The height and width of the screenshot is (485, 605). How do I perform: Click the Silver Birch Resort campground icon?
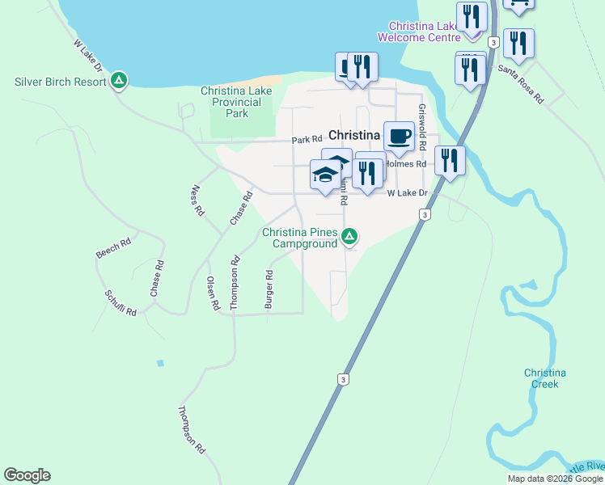coord(119,80)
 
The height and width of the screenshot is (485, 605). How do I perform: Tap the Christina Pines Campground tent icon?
coord(349,236)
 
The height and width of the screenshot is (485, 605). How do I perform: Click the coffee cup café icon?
coord(398,135)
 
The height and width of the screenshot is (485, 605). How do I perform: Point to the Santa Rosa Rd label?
coord(521,83)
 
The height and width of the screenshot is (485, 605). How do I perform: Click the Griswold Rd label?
coord(421,127)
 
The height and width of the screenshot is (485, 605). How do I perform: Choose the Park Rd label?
coord(307,140)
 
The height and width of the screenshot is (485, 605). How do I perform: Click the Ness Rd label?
coord(197,200)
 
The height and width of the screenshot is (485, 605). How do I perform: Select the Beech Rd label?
coord(113,248)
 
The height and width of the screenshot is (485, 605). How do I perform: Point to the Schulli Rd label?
coord(120,303)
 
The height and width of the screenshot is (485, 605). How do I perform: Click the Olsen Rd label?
coord(213,293)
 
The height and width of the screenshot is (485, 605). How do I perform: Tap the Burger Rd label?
coord(269,289)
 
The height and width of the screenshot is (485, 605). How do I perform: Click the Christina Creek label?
coord(544,378)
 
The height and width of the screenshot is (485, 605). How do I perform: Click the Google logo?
coord(27,475)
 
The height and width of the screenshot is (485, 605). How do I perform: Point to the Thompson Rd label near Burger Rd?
coord(235,283)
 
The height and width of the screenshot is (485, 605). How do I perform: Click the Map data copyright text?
coord(555,479)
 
